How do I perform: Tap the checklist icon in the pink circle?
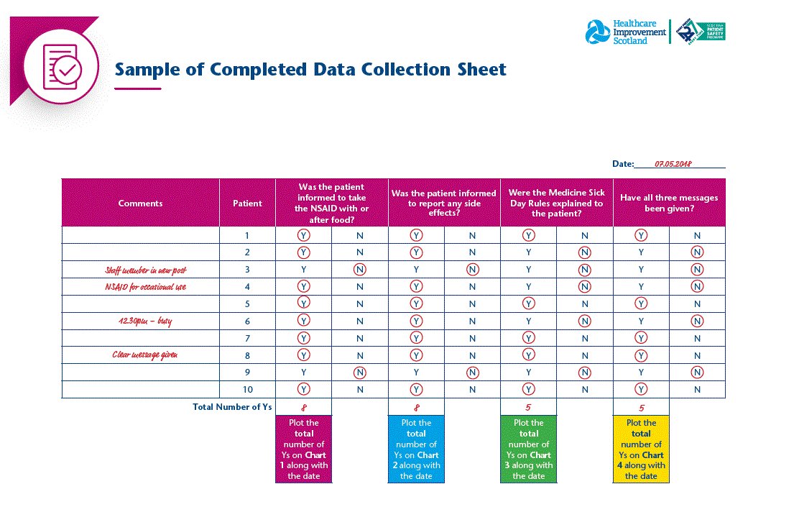(x=61, y=65)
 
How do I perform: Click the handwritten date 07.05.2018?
(x=673, y=164)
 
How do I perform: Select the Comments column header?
(x=141, y=204)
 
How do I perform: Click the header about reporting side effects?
(x=444, y=204)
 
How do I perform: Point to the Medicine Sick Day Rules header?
(x=556, y=204)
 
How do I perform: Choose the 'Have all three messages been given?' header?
(x=669, y=204)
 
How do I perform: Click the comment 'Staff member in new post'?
(x=141, y=270)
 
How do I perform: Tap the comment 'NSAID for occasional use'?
(x=141, y=287)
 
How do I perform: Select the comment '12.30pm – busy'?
(x=141, y=321)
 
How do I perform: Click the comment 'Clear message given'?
(x=141, y=355)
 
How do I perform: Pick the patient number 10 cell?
(x=247, y=390)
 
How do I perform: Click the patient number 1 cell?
(x=247, y=235)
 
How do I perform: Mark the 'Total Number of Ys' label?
(x=232, y=407)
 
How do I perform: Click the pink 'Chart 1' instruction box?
(x=303, y=449)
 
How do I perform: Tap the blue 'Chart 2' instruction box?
(x=416, y=449)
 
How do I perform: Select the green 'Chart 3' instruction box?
(x=529, y=449)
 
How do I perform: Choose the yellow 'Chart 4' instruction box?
(x=641, y=449)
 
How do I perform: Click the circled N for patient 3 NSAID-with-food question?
(x=360, y=270)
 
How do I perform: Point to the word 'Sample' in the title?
(x=147, y=70)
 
